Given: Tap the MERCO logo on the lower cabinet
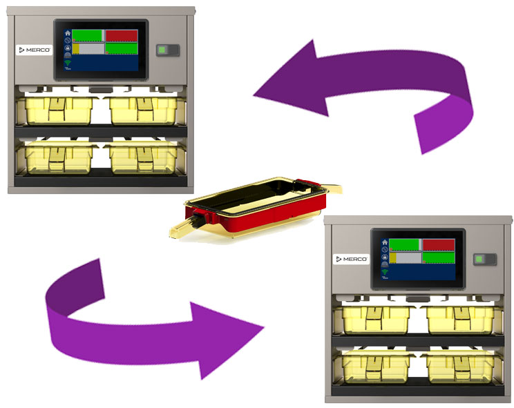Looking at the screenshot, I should [351, 259].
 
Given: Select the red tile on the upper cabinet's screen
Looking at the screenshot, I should [121, 36].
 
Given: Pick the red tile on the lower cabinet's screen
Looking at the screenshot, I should [438, 245].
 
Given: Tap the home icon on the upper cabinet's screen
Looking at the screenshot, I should [68, 32].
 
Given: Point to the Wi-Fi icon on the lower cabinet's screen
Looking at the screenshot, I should [385, 273].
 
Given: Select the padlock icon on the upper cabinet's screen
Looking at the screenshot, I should [68, 48].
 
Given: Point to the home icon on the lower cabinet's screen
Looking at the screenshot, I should [385, 242].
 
